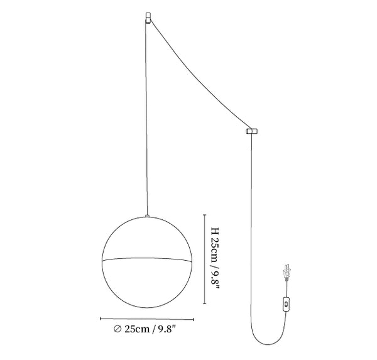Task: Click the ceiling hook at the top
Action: pyautogui.click(x=148, y=18)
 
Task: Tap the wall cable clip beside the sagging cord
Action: pyautogui.click(x=252, y=131)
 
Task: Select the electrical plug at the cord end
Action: pyautogui.click(x=287, y=273)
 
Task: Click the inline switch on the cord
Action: pyautogui.click(x=286, y=304)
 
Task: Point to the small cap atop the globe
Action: pyautogui.click(x=147, y=216)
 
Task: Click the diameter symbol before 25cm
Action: pyautogui.click(x=117, y=329)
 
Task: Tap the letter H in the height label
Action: pyautogui.click(x=215, y=231)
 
